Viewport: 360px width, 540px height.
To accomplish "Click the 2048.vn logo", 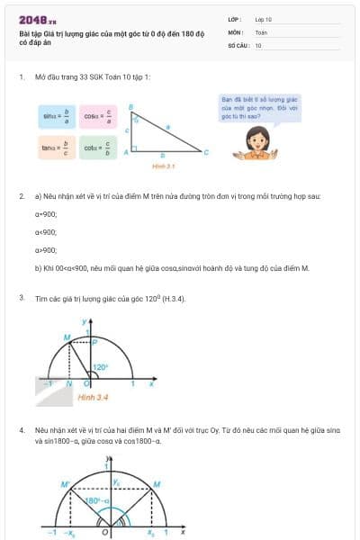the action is (36, 19).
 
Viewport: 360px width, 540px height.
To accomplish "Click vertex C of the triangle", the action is (206, 152).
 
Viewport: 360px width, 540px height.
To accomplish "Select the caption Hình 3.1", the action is (163, 166).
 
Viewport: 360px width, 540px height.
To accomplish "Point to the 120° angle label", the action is (103, 367).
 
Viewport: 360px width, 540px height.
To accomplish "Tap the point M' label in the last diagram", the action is (64, 484).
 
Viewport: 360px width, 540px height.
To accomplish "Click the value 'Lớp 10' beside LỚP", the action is (263, 19).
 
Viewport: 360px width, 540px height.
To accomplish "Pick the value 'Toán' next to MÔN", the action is (261, 31).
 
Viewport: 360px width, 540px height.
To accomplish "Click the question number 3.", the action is (22, 297).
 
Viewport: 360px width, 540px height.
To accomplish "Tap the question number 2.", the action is (22, 195).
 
